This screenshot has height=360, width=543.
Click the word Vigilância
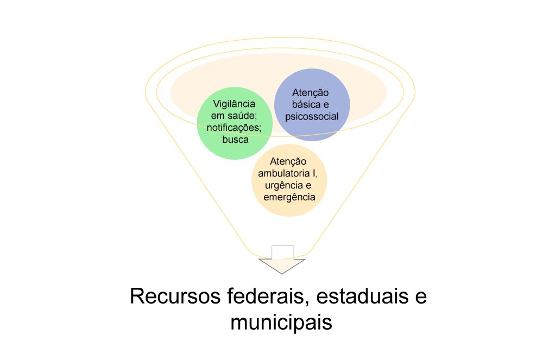[234, 104]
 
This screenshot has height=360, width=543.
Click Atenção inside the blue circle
[310, 93]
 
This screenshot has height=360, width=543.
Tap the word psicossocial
[312, 117]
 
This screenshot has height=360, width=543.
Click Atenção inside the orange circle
[288, 161]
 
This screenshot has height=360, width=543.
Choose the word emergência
[289, 197]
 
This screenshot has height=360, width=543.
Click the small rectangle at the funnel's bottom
[282, 252]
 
